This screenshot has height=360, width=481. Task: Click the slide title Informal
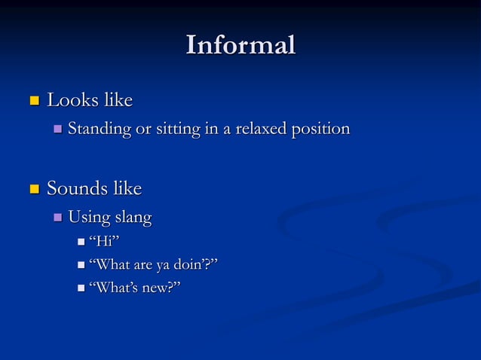(x=240, y=44)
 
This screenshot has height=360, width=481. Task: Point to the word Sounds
(x=74, y=188)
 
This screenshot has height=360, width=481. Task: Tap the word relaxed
(x=263, y=129)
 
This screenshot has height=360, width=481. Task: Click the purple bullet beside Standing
(x=58, y=130)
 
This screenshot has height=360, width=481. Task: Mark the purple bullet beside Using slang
(x=58, y=219)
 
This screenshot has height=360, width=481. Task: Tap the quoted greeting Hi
(x=105, y=242)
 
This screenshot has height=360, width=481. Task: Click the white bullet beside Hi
(x=81, y=243)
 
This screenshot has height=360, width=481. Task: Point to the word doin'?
(x=198, y=264)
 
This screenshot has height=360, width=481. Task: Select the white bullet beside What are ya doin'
(x=81, y=266)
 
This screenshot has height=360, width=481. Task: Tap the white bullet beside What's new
(x=81, y=288)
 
